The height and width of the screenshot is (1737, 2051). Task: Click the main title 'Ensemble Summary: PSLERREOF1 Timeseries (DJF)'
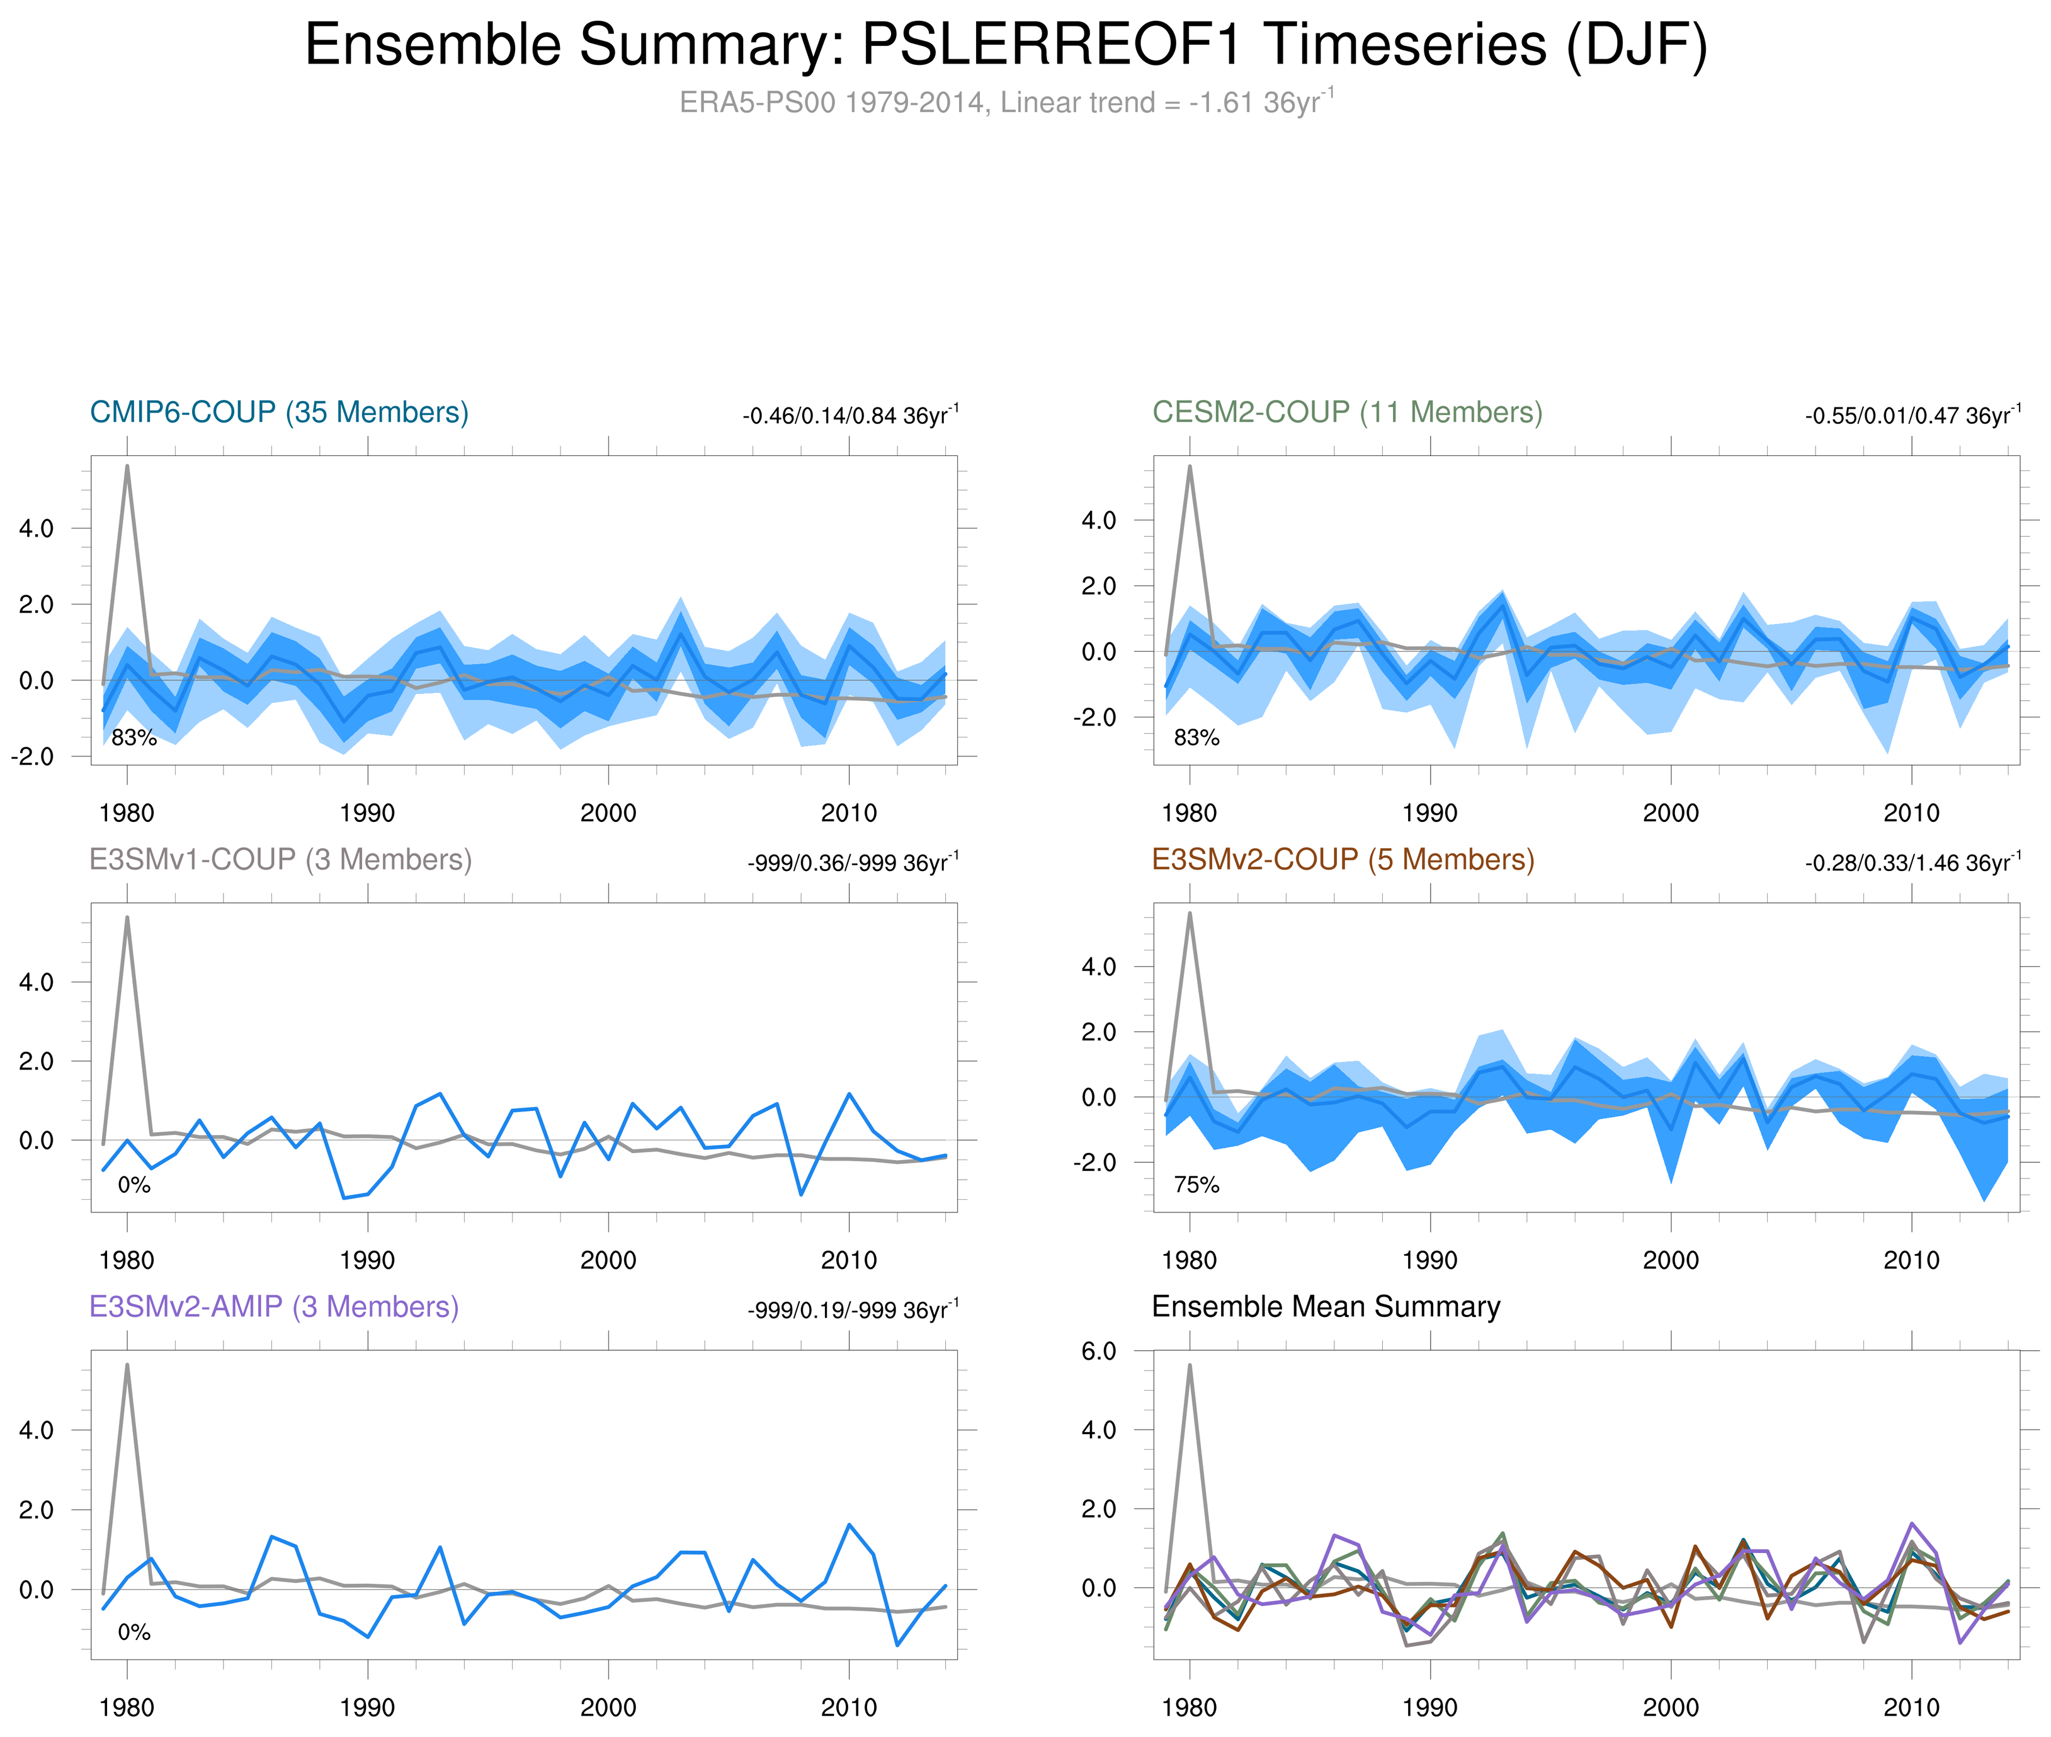(1004, 45)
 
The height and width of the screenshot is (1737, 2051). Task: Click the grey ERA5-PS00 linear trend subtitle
(1004, 103)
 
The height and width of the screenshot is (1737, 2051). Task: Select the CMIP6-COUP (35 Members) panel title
(279, 413)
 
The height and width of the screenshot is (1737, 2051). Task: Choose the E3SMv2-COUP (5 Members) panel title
(1342, 860)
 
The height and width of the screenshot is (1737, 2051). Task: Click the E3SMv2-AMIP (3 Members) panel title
(274, 1307)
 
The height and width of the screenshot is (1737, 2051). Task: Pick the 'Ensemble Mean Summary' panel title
(1326, 1307)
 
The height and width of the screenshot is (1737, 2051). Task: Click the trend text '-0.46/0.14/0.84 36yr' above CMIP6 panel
(849, 416)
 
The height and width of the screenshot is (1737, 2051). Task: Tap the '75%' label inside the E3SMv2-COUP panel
(1196, 1185)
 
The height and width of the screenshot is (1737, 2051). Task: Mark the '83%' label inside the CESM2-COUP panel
(1196, 738)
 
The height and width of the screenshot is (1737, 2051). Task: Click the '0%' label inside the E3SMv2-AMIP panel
(134, 1632)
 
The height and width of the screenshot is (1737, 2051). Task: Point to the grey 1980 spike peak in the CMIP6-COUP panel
(127, 466)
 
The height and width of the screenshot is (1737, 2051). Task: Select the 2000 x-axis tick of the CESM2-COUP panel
(1670, 813)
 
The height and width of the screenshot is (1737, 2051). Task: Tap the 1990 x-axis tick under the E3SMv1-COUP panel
(367, 1260)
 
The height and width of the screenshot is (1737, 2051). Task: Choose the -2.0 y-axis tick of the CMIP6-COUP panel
(33, 756)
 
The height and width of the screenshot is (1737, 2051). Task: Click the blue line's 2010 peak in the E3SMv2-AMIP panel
(849, 1524)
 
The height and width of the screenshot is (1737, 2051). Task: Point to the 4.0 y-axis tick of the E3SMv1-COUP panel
(37, 982)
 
